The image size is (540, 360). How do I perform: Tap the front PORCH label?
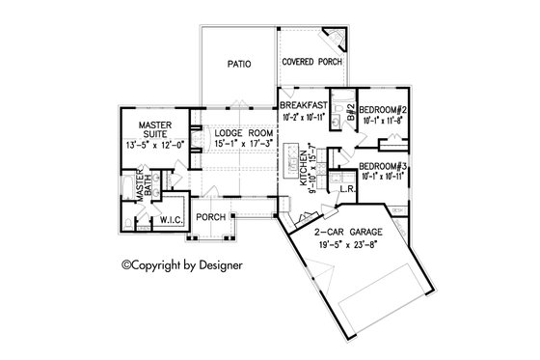pyautogui.click(x=210, y=218)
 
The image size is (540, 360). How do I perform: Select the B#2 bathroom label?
pyautogui.click(x=351, y=123)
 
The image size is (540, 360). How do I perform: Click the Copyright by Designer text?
pyautogui.click(x=180, y=263)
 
